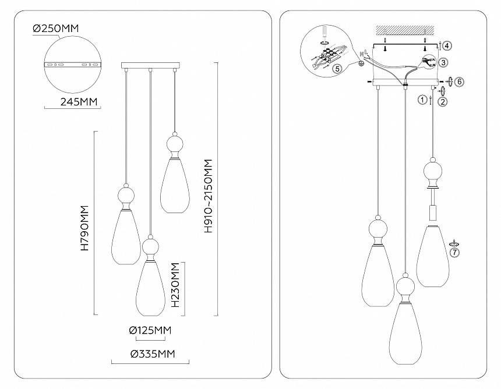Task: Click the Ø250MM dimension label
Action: (56, 28)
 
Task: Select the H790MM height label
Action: (85, 228)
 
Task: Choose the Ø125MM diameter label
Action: (150, 330)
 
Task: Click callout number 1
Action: (422, 100)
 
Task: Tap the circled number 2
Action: (443, 102)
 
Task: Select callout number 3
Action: (444, 62)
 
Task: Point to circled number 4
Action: (444, 45)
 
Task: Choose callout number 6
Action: (459, 82)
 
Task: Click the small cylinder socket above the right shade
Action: (432, 212)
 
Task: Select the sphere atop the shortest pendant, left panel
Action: (174, 143)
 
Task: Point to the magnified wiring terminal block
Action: (330, 55)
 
